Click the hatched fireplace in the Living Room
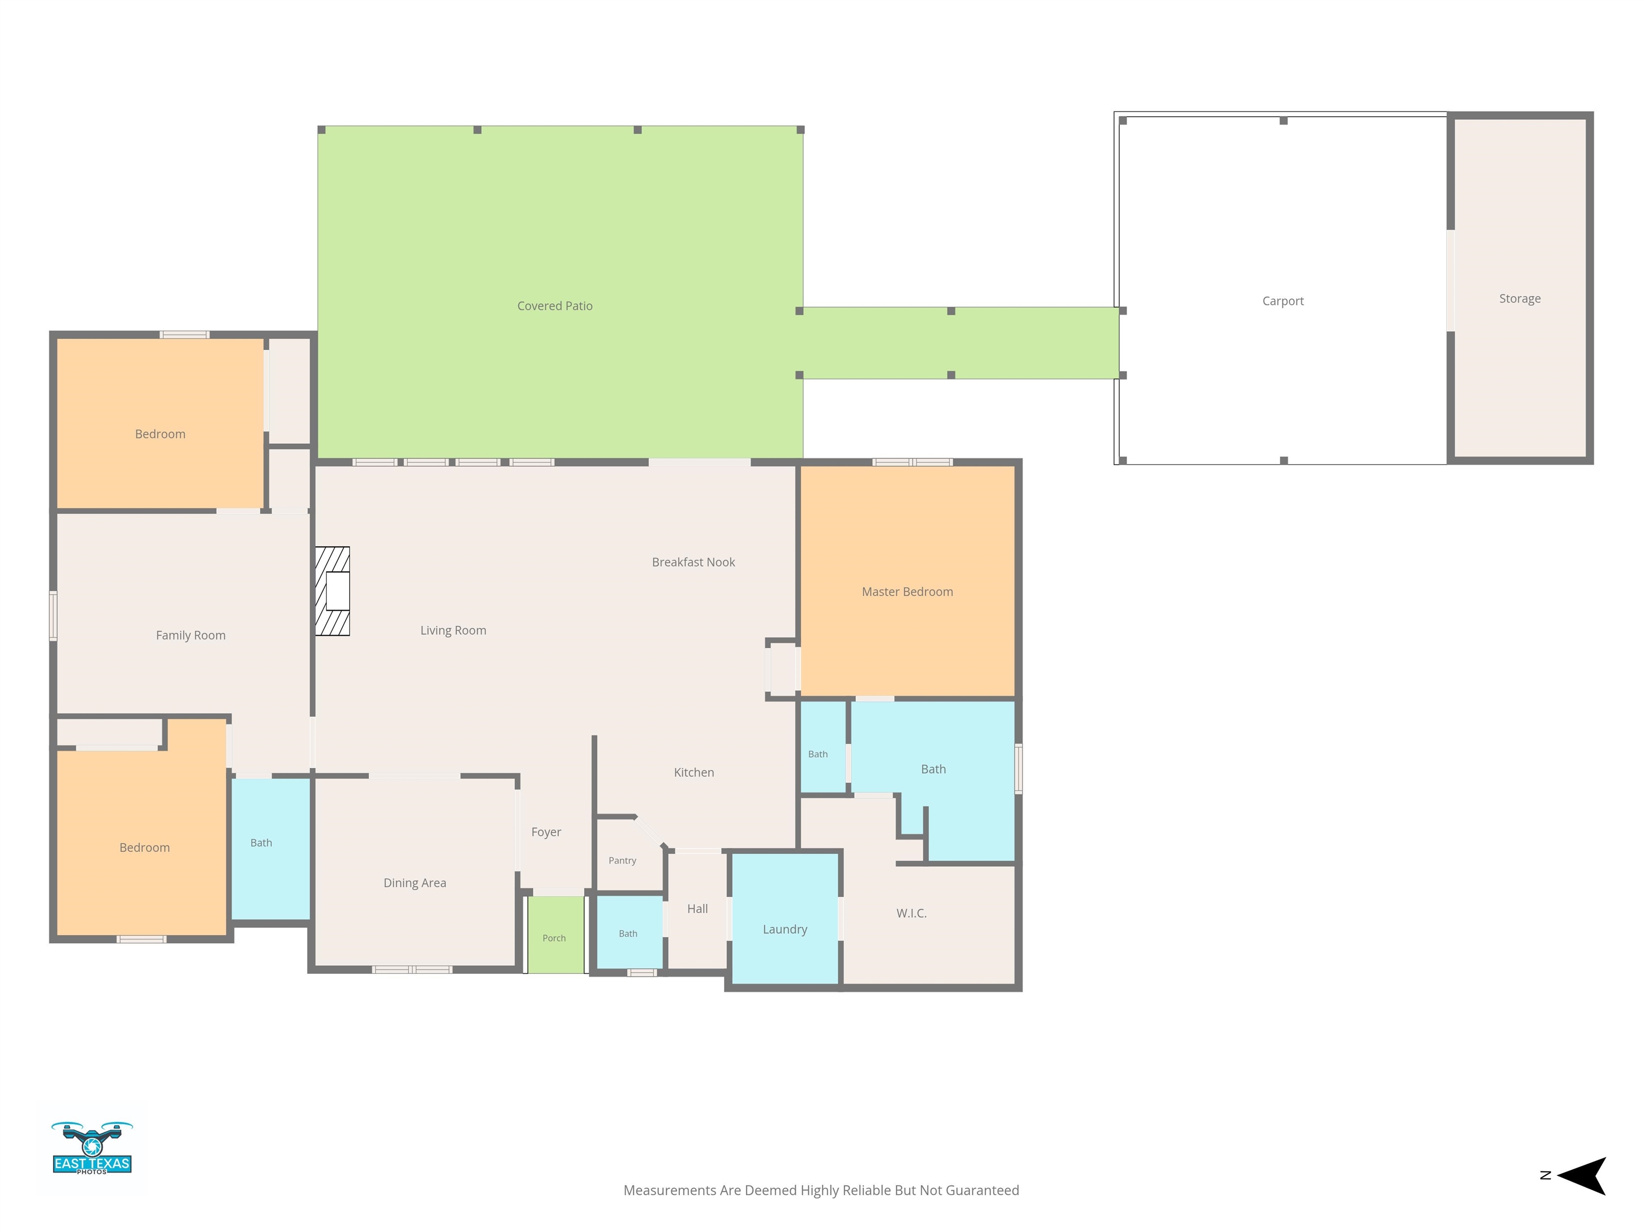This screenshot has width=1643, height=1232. (332, 591)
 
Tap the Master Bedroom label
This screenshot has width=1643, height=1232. (907, 592)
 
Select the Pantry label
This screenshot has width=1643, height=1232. (623, 861)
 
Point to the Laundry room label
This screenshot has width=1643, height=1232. (785, 930)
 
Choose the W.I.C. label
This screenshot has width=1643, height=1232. (911, 913)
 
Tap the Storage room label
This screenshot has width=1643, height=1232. (1519, 298)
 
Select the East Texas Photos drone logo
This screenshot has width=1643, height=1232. (92, 1148)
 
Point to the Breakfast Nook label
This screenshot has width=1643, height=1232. (693, 562)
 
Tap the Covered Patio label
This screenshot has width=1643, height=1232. (555, 306)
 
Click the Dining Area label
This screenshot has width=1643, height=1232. (414, 883)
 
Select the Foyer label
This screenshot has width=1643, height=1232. (546, 833)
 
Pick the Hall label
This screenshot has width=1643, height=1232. (697, 909)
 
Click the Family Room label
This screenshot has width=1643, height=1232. (190, 636)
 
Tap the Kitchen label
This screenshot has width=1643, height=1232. (694, 772)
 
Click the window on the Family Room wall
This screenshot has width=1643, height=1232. (53, 615)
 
